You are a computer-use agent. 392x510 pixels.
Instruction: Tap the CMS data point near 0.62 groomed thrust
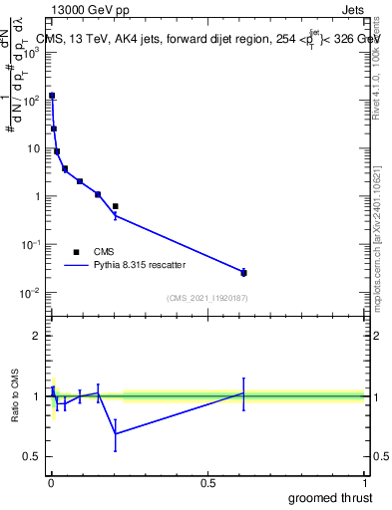(x=243, y=272)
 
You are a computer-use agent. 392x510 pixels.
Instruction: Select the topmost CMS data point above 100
(x=52, y=96)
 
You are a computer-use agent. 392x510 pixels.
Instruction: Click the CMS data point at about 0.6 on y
(x=116, y=206)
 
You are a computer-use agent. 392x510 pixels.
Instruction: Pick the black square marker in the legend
(x=76, y=252)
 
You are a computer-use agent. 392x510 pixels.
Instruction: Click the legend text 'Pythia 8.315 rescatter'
(x=140, y=266)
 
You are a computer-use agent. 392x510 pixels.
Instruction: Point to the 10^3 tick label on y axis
(x=31, y=52)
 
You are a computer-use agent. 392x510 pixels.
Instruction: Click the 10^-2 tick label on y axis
(x=31, y=292)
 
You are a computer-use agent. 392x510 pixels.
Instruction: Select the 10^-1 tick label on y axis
(x=31, y=244)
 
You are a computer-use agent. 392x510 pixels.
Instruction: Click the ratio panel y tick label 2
(x=38, y=336)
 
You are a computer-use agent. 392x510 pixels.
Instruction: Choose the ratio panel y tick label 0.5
(x=33, y=456)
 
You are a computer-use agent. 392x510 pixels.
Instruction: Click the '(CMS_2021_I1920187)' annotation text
(x=206, y=298)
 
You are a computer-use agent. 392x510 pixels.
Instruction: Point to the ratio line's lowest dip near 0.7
(x=116, y=433)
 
